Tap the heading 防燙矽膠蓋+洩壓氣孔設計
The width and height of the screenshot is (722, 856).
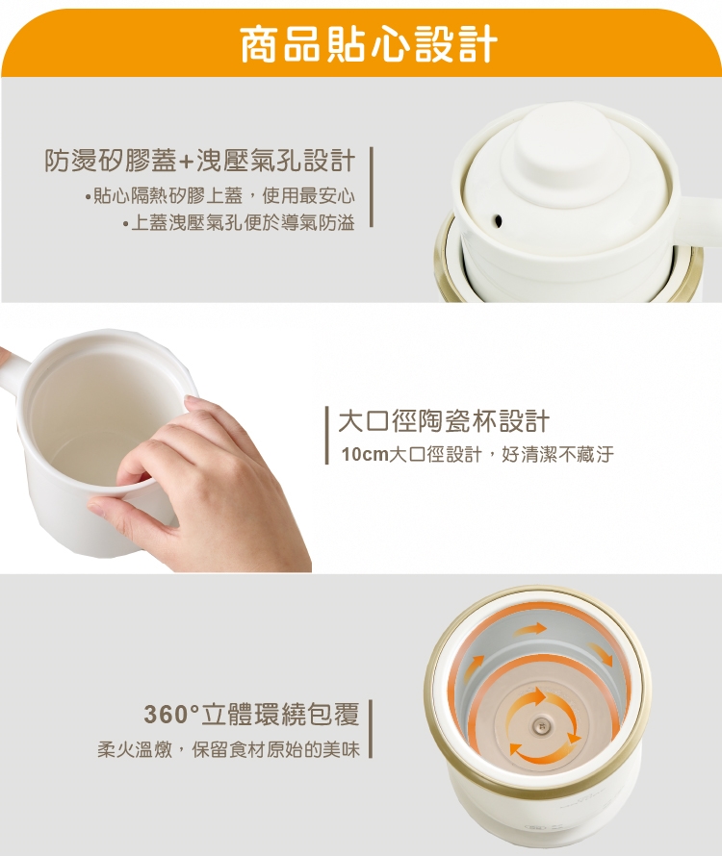[x=200, y=161]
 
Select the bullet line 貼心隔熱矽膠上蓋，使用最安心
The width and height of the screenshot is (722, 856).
[x=219, y=195]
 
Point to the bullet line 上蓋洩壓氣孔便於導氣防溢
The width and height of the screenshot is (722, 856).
[x=239, y=223]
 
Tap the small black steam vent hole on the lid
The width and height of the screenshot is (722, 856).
[x=498, y=220]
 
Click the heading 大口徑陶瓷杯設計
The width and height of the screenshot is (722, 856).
[x=444, y=421]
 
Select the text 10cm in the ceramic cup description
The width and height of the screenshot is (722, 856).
[x=365, y=454]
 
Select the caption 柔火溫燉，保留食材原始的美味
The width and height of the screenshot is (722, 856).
[x=229, y=749]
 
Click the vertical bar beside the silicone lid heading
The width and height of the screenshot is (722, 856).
[x=372, y=187]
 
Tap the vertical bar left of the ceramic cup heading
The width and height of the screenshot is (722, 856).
[x=327, y=435]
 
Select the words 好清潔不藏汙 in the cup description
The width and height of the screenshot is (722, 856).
[x=557, y=454]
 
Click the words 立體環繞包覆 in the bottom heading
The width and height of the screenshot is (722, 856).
[x=281, y=714]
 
